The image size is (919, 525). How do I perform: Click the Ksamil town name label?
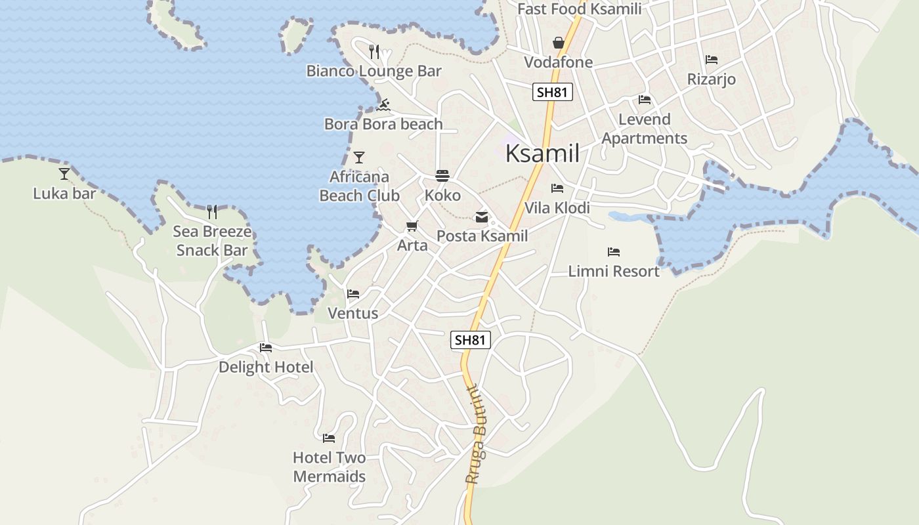[542, 154]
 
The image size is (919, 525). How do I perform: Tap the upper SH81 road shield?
[552, 92]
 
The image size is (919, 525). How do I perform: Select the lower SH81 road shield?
[471, 340]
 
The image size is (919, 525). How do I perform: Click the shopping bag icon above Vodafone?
[558, 43]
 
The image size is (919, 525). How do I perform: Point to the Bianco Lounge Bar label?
[374, 71]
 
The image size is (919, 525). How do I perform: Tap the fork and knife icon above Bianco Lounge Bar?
[374, 52]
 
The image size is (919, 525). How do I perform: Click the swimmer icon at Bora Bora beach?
[384, 105]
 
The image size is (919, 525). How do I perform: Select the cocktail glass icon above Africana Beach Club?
[359, 157]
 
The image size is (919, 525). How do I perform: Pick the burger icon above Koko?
[442, 176]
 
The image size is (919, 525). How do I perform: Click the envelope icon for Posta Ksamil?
[482, 217]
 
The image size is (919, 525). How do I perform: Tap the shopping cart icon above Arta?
[412, 226]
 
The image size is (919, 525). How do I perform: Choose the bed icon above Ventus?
[353, 294]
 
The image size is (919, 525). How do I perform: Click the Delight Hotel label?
[266, 367]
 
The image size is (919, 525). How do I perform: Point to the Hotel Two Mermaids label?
[329, 467]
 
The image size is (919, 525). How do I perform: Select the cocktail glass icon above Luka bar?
[64, 174]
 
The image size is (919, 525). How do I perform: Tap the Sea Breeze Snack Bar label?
[212, 241]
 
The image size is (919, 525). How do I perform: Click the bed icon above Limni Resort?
[614, 252]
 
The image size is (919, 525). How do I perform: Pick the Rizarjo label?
[712, 79]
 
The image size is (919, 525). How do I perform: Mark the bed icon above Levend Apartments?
[645, 100]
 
